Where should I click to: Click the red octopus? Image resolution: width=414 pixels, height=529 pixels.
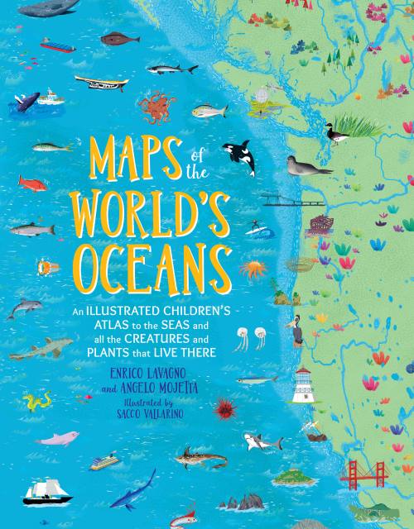tap(156, 105)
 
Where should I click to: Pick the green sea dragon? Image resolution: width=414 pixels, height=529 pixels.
tap(37, 403)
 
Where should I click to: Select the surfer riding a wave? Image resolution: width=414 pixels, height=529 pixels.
tap(254, 228)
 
